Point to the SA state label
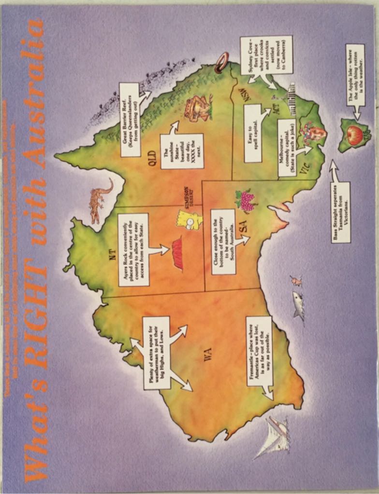click(x=245, y=227)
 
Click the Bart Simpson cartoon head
click(x=190, y=220)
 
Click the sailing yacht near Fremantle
click(x=274, y=436)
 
